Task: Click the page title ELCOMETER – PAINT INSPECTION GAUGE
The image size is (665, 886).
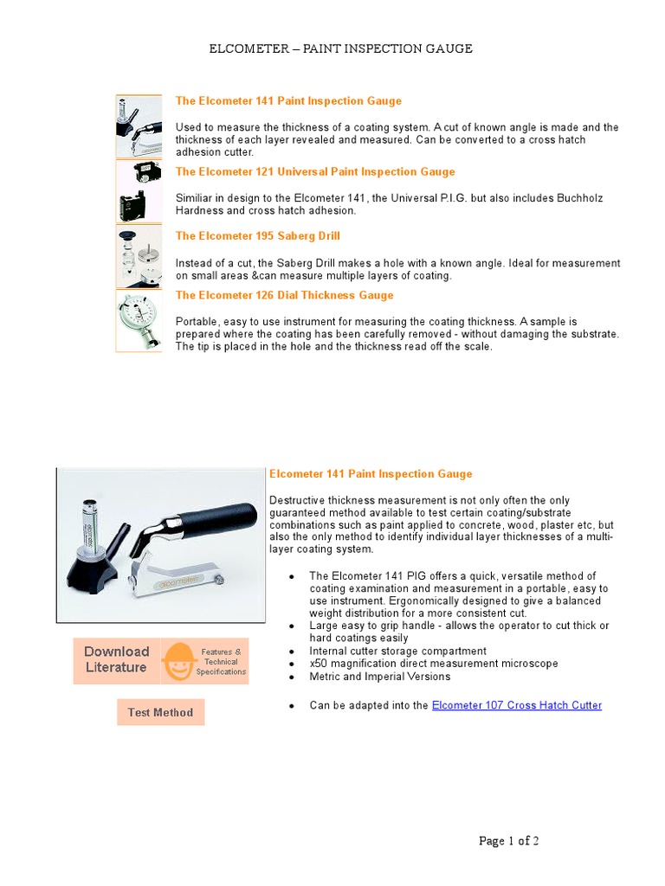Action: pyautogui.click(x=340, y=48)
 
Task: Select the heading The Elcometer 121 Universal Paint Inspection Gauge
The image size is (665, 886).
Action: pyautogui.click(x=314, y=172)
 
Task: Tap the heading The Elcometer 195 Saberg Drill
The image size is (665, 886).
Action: pyautogui.click(x=257, y=236)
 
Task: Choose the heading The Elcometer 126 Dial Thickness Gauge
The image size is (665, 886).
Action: pyautogui.click(x=284, y=295)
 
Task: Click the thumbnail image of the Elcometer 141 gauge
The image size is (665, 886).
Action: pyautogui.click(x=139, y=127)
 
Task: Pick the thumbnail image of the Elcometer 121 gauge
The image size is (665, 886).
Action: pyautogui.click(x=139, y=192)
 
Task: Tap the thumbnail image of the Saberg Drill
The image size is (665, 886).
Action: pyautogui.click(x=139, y=256)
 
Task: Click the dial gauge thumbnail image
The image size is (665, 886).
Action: pyautogui.click(x=139, y=320)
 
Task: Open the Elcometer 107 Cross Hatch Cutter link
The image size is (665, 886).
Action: pyautogui.click(x=516, y=705)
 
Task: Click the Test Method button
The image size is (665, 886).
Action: pyautogui.click(x=160, y=713)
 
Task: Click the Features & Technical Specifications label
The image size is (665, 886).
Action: pyautogui.click(x=221, y=662)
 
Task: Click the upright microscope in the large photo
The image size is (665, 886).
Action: pyautogui.click(x=89, y=532)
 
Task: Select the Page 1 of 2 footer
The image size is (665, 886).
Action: pyautogui.click(x=509, y=841)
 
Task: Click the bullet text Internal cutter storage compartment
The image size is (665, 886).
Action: pyautogui.click(x=397, y=651)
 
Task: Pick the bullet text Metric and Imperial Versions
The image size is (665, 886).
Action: pyautogui.click(x=380, y=676)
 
